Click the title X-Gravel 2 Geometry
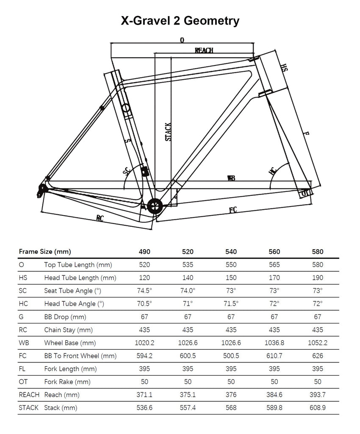click(x=180, y=21)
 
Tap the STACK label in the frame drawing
click(x=168, y=132)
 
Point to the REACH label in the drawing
click(x=204, y=50)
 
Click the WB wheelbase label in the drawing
click(x=231, y=178)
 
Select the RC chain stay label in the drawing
click(x=100, y=218)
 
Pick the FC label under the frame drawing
click(x=233, y=210)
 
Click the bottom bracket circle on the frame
click(x=155, y=207)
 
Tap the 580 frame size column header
click(x=317, y=251)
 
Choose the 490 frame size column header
click(x=144, y=251)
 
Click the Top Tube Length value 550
click(x=231, y=264)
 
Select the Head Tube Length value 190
click(x=317, y=278)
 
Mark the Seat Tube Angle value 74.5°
click(x=144, y=291)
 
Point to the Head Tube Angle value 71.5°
click(x=231, y=303)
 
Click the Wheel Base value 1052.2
click(x=317, y=343)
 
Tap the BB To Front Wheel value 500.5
click(x=231, y=356)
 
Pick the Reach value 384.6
click(x=274, y=395)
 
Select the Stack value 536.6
click(x=144, y=408)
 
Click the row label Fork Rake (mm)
click(x=67, y=382)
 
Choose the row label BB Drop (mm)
click(x=65, y=317)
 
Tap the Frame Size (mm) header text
click(x=44, y=251)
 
